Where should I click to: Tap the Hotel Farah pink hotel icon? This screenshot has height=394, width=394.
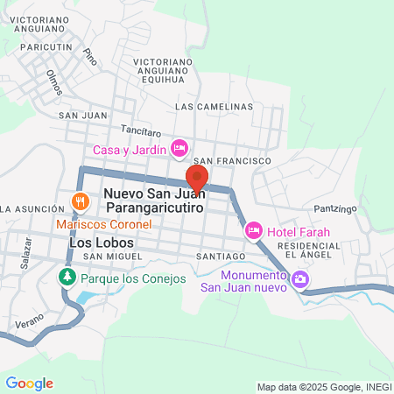tap(254, 230)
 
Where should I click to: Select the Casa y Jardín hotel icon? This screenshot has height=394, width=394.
tap(179, 147)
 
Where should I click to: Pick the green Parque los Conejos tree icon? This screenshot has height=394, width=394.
tap(67, 278)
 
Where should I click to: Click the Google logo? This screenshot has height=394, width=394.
tap(29, 383)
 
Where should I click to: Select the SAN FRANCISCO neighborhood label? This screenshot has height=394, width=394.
tap(232, 162)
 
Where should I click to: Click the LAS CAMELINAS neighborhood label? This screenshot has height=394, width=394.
tap(214, 106)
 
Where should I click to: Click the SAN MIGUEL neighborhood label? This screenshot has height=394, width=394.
tap(111, 256)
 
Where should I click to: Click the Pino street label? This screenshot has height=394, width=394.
tap(88, 55)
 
